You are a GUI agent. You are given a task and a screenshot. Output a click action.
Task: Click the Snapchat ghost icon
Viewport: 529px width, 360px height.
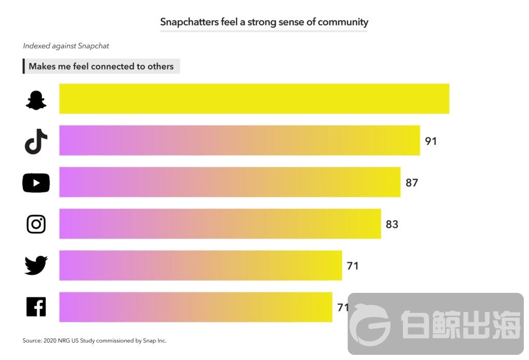point(36,99)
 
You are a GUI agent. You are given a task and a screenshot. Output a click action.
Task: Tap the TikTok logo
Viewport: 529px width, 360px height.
point(36,141)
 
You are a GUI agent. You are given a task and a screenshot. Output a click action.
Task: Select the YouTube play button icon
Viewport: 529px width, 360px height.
point(36,183)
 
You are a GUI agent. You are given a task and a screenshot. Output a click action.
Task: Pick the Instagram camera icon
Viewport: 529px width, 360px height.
point(36,224)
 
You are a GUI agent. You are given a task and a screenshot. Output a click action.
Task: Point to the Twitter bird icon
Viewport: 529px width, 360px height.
point(36,265)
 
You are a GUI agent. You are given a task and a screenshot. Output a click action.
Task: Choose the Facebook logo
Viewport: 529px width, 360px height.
point(36,307)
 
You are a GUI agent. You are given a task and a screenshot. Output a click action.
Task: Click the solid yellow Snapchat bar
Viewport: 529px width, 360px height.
point(254,99)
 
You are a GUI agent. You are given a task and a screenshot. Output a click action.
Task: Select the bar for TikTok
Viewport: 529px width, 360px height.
point(239,140)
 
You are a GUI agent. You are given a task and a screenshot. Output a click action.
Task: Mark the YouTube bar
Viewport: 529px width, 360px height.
point(229,182)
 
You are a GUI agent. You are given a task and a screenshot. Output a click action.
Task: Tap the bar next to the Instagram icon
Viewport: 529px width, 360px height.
point(220,224)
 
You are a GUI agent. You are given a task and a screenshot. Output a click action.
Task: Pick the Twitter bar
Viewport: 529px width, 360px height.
point(200,265)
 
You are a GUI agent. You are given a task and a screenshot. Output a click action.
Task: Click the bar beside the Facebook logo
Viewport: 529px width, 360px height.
point(195,307)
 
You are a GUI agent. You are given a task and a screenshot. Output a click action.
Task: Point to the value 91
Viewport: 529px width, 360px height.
point(431,141)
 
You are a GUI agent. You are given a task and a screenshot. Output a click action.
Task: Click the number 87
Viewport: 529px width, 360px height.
point(412,183)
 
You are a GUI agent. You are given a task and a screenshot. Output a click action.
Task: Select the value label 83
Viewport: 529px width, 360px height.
point(392,224)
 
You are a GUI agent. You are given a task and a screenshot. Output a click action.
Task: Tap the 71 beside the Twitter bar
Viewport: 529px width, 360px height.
point(352,266)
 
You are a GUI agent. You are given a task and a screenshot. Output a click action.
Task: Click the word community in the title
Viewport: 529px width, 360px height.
point(343,22)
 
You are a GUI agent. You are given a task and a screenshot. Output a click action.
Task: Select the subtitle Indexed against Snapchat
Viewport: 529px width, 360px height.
point(66,46)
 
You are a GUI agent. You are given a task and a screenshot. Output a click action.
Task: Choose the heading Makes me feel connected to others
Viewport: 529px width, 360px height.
point(101,66)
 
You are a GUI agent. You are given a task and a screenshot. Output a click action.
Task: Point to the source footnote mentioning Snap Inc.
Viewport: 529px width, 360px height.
point(95,340)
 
